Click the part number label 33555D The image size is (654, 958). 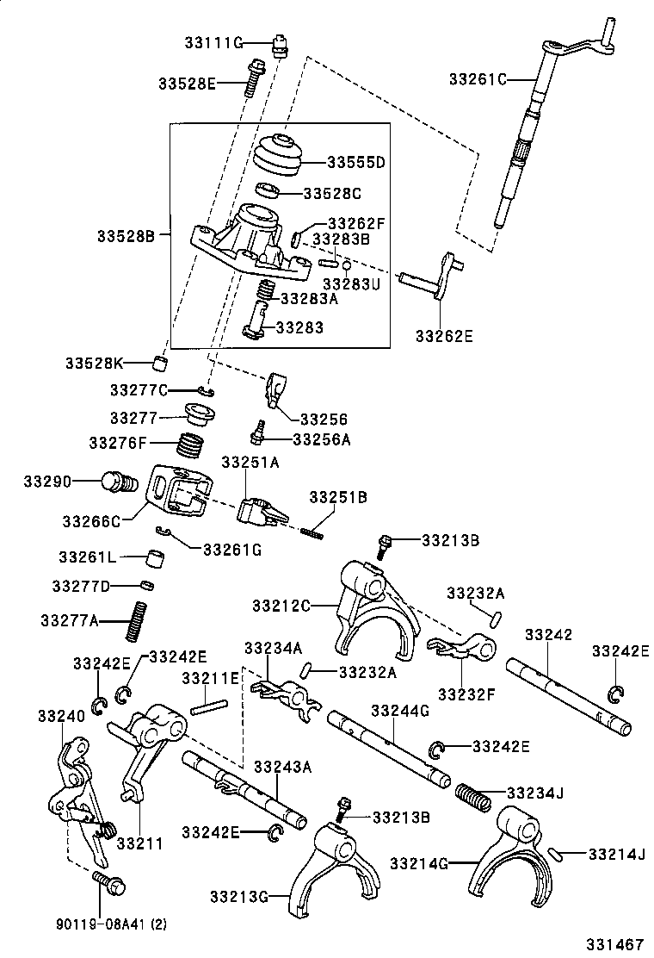355,162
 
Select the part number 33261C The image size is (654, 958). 478,79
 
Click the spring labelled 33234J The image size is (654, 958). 472,795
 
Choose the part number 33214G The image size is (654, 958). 419,862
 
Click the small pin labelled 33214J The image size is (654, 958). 558,854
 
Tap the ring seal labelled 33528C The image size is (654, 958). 268,191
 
